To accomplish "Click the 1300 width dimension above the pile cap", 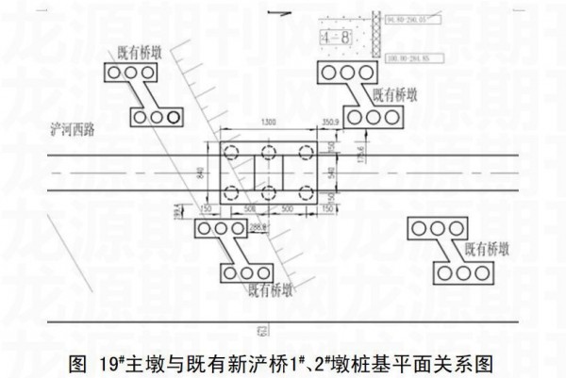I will click(269, 123).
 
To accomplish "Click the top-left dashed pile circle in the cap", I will click(233, 152).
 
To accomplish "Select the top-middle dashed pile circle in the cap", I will click(269, 152).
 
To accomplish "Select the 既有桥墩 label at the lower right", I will click(487, 250).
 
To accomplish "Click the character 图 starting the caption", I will click(78, 361).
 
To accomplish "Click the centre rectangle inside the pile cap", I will click(269, 173).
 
